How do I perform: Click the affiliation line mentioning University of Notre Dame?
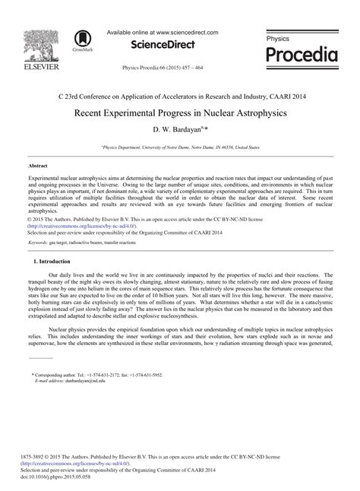180,147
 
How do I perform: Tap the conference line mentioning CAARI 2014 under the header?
179,97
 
